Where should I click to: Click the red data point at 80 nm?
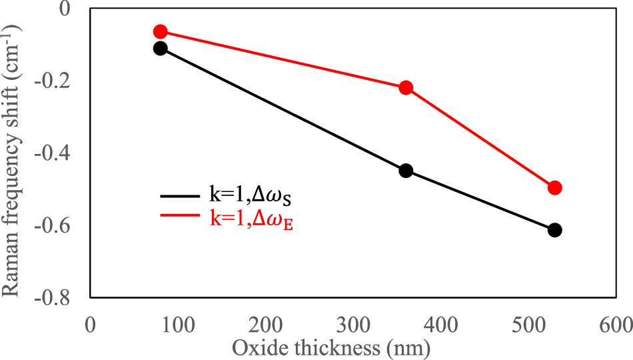tap(160, 31)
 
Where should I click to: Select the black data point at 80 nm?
tap(160, 48)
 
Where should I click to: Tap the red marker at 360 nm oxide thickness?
tap(406, 87)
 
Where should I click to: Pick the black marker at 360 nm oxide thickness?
tap(406, 171)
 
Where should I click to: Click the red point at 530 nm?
tap(554, 188)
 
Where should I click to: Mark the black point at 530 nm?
tap(554, 230)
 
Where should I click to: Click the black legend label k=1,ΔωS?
tap(247, 197)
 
